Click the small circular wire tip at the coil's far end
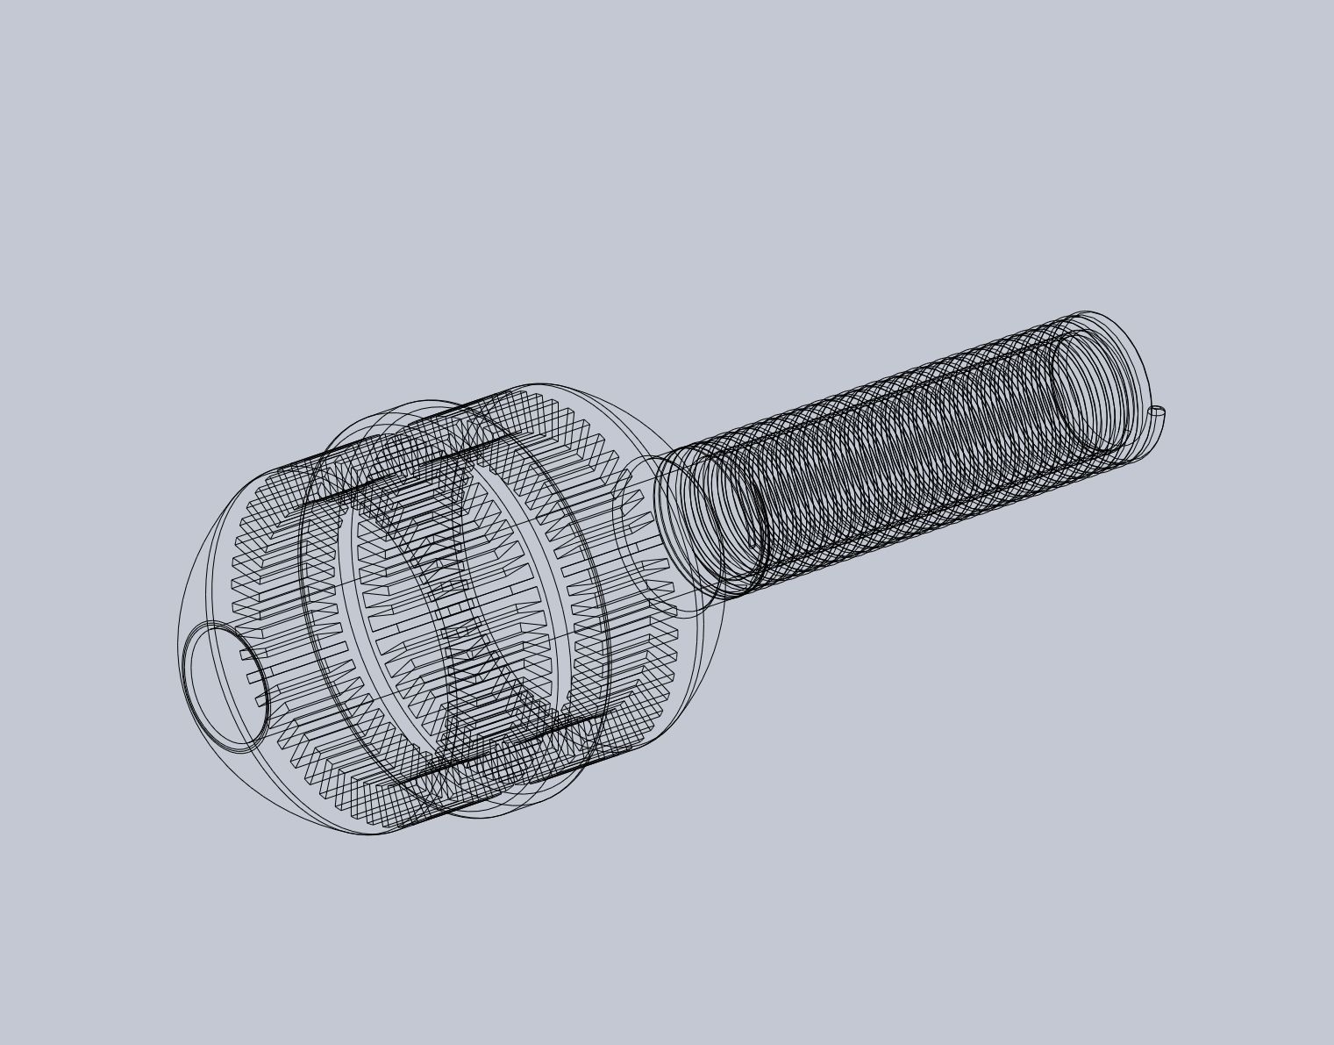(1157, 410)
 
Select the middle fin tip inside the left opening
(253, 676)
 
